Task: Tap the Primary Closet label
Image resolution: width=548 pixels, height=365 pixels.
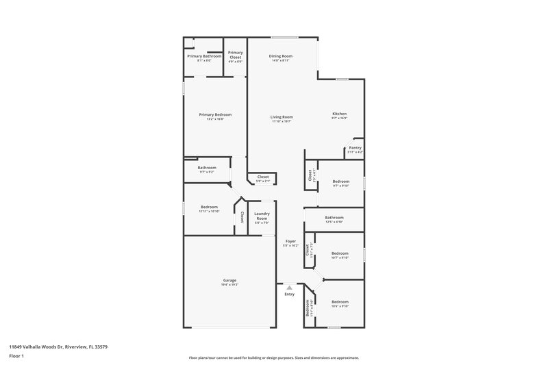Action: (x=235, y=54)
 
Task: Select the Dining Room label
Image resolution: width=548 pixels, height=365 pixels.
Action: (x=280, y=56)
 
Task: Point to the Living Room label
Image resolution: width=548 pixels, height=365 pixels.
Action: (x=282, y=117)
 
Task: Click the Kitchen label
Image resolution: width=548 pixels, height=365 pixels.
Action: (x=339, y=114)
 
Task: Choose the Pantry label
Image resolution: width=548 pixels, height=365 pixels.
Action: (x=355, y=147)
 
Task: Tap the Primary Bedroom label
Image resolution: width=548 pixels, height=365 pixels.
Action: (x=215, y=114)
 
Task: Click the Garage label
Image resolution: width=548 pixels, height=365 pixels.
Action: (x=229, y=280)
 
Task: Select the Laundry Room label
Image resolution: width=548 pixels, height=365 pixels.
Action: (x=262, y=216)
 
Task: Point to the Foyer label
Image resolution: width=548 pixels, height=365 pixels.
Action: (x=290, y=241)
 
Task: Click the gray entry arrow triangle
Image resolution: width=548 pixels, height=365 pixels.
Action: (x=290, y=288)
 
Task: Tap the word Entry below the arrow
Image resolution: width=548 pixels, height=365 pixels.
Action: (x=290, y=294)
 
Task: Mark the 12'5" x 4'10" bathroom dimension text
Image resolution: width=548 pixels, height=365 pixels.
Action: (x=334, y=222)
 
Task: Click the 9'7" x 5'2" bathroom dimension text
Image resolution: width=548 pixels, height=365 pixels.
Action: (x=207, y=172)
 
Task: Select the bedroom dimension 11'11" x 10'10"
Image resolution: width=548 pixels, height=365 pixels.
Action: (x=209, y=211)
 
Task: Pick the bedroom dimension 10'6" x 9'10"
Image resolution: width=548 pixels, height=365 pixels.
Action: (x=340, y=306)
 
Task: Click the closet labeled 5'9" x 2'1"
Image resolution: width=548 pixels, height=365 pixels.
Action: (x=263, y=181)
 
